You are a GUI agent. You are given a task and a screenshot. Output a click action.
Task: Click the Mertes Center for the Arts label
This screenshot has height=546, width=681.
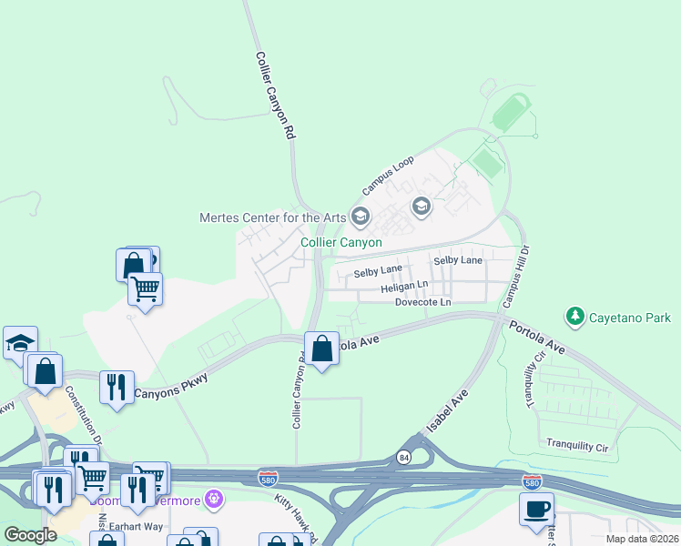click(x=273, y=217)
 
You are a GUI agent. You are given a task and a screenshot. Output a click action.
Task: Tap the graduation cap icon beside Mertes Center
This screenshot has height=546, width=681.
click(x=361, y=217)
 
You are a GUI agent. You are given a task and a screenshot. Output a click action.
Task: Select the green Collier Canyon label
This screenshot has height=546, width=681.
click(x=342, y=242)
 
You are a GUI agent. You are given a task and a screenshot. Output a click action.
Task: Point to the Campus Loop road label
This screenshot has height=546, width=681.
click(x=388, y=175)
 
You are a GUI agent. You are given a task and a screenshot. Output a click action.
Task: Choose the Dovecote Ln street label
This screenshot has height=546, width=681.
click(x=422, y=302)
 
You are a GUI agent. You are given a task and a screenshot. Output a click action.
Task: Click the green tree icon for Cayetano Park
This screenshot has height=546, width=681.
click(x=575, y=317)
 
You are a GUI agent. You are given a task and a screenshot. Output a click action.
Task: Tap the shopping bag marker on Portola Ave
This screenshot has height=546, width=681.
click(x=321, y=349)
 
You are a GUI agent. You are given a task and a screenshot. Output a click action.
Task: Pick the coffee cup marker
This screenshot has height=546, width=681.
click(x=536, y=508)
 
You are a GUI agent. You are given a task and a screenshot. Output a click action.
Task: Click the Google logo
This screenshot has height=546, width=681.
click(x=30, y=535)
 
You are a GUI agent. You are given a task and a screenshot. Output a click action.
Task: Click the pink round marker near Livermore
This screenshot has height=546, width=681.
click(x=214, y=499)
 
